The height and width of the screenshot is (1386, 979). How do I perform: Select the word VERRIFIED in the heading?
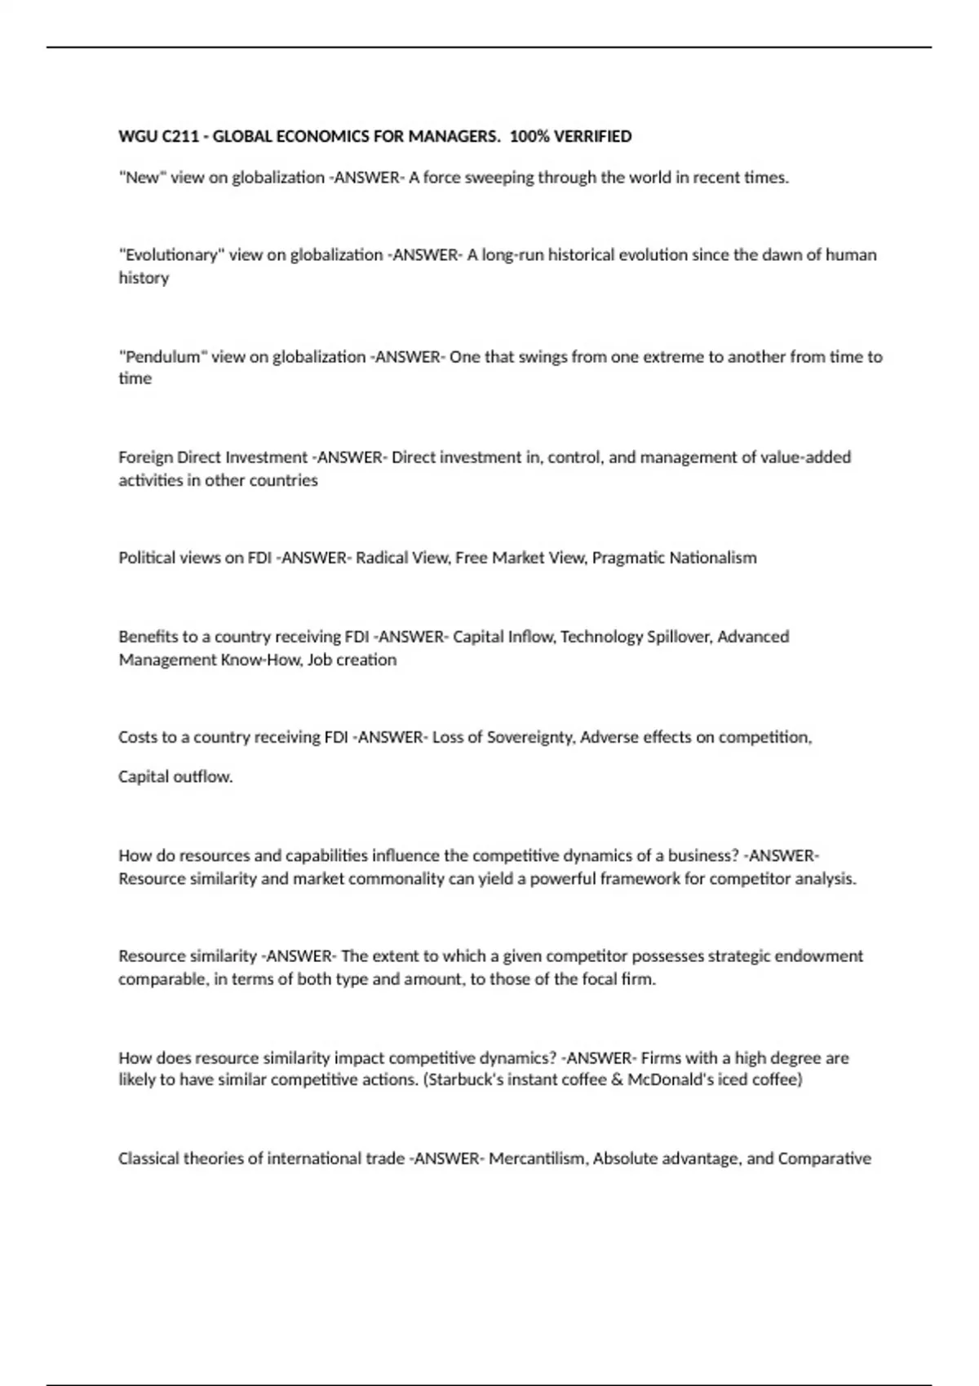(x=592, y=136)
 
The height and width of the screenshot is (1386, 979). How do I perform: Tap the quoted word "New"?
(x=142, y=178)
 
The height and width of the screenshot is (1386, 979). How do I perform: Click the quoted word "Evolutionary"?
(x=171, y=255)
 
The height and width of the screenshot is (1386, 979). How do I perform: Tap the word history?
(x=144, y=278)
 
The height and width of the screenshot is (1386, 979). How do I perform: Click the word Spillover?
(x=678, y=637)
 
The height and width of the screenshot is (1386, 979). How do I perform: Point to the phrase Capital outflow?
(x=175, y=777)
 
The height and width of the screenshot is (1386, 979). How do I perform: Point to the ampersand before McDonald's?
(x=616, y=1080)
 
